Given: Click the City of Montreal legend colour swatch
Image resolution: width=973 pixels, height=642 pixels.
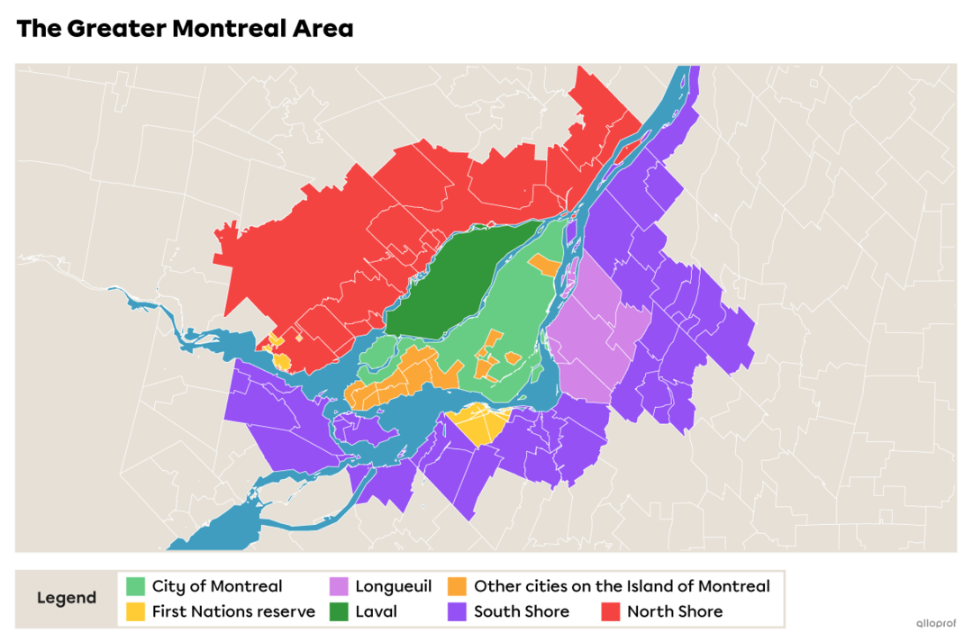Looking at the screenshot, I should [135, 586].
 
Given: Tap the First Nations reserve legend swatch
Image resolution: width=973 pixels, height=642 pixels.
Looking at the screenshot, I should [135, 611].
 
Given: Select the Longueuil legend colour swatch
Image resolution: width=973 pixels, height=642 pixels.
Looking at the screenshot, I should [339, 586].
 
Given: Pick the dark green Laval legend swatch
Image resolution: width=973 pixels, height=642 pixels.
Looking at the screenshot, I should [339, 611].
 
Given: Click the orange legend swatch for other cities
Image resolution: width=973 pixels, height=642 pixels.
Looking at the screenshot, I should [458, 586].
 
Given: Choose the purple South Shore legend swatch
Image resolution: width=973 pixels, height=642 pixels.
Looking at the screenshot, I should [458, 611].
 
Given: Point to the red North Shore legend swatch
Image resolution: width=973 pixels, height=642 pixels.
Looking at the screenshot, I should [611, 611].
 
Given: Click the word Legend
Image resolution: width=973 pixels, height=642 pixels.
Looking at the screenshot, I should [67, 599].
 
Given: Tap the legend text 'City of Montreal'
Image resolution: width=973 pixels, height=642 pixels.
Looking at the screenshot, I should [217, 586].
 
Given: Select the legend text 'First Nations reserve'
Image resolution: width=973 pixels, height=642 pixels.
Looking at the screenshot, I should [233, 611].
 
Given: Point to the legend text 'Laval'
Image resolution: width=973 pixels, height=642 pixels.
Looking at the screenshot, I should [376, 611].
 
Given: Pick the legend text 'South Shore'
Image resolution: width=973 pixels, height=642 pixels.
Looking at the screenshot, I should [522, 611].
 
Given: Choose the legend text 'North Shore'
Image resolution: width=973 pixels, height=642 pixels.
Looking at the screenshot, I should [675, 611].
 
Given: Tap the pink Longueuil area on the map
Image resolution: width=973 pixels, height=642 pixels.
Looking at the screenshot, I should [595, 333].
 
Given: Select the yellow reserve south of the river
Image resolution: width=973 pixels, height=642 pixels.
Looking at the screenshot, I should [477, 423].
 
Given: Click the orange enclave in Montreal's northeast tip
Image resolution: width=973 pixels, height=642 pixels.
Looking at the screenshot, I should [544, 265].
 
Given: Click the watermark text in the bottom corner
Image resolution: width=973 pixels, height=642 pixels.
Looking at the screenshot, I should [936, 623].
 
